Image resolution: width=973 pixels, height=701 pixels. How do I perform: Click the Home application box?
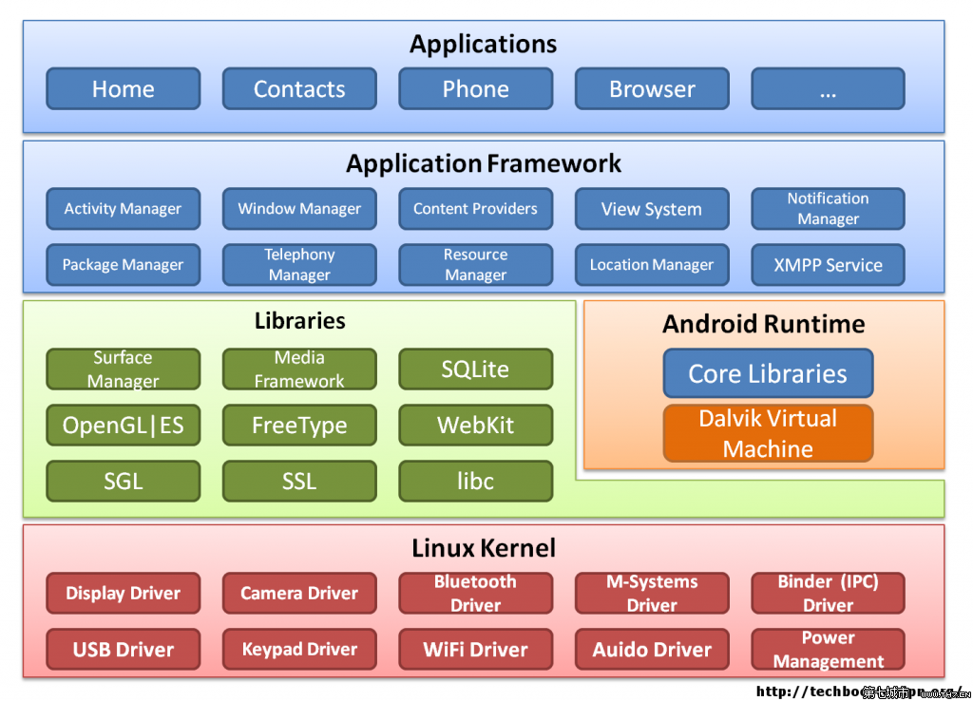point(124,89)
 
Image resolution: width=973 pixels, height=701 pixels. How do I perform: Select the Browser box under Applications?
point(652,89)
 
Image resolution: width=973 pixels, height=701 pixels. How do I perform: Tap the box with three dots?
point(828,89)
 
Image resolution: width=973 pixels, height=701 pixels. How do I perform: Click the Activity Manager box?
point(124,209)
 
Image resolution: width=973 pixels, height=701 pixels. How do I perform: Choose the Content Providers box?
point(475,209)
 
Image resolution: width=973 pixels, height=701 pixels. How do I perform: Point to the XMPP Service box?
point(828,265)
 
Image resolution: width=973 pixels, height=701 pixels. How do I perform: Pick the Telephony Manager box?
point(299,265)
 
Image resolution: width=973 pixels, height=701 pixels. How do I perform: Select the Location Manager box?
point(652,265)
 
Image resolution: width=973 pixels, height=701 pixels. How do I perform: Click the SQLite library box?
point(475,369)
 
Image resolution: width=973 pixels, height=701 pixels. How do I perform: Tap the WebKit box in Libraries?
point(475,426)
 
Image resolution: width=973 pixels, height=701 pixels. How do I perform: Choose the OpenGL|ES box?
point(124,426)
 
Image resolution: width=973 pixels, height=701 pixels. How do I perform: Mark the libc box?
point(475,482)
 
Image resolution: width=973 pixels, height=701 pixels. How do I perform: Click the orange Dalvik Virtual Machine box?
point(768,433)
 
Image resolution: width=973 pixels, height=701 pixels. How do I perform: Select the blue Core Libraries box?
point(768,373)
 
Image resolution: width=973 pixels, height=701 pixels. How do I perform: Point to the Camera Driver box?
point(299,594)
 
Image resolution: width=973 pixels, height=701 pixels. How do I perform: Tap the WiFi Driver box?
point(475,650)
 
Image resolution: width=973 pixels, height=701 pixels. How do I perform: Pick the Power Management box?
point(828,650)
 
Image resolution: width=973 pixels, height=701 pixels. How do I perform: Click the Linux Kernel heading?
point(484,548)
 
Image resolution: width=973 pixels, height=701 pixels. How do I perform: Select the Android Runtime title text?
point(764,324)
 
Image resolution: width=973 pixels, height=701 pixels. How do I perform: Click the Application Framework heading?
point(484,163)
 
